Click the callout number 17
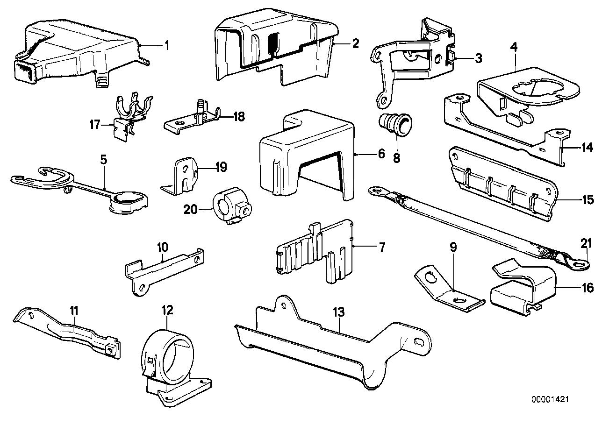click(x=95, y=125)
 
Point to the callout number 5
click(x=103, y=159)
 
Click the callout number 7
click(x=381, y=247)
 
